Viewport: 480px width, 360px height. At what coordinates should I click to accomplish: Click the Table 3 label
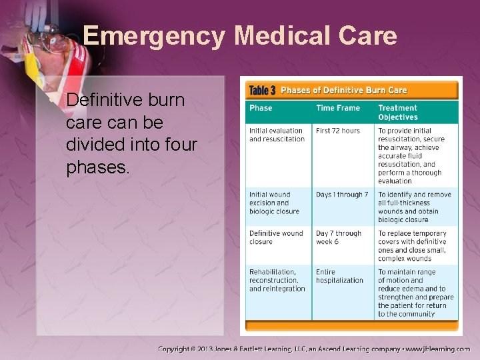[x=262, y=90]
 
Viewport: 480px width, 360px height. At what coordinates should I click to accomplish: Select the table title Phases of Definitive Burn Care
[x=343, y=90]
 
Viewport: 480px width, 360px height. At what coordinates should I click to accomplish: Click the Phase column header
[x=261, y=108]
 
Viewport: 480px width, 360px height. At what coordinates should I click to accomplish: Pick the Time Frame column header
[x=338, y=108]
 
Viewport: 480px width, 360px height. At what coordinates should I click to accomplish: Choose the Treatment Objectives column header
[x=398, y=112]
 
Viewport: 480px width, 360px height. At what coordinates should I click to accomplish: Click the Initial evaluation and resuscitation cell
[x=277, y=135]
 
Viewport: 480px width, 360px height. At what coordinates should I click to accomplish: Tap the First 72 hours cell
[x=337, y=131]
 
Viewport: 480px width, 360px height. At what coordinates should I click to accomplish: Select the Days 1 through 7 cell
[x=342, y=195]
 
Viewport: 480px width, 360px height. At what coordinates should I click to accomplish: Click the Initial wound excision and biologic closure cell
[x=274, y=203]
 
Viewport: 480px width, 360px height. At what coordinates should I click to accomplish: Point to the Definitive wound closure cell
[x=276, y=237]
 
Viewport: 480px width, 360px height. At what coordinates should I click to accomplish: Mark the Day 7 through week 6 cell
[x=338, y=237]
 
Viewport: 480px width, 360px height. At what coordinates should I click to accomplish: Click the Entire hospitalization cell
[x=339, y=276]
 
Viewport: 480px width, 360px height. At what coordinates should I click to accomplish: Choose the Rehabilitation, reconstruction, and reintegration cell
[x=277, y=280]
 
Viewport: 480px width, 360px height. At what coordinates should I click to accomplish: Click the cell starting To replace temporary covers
[x=412, y=245]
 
